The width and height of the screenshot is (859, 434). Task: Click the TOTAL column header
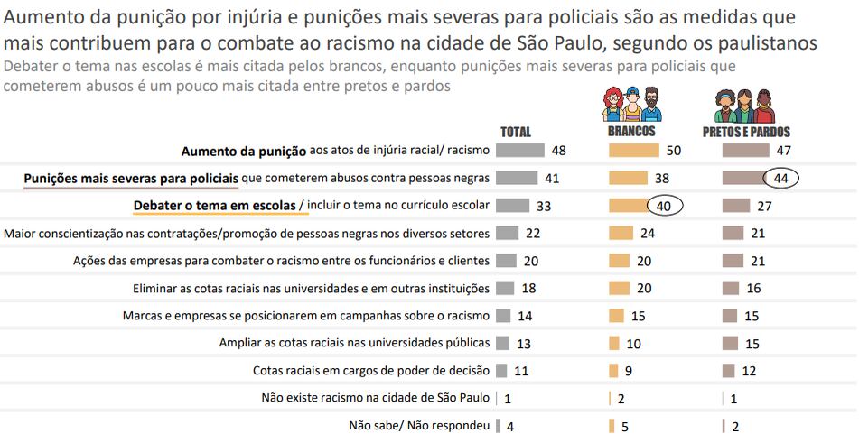[x=516, y=131]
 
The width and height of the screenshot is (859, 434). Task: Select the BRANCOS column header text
[x=631, y=131]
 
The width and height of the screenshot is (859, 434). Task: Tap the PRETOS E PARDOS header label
[x=746, y=131]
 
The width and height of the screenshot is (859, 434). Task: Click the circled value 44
[x=781, y=179]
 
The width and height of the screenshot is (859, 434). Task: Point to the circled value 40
[x=664, y=206]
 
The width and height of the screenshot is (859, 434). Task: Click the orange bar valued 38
[x=628, y=178]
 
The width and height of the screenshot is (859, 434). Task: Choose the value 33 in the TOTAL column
[x=543, y=206]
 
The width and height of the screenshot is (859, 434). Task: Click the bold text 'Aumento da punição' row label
[x=244, y=150]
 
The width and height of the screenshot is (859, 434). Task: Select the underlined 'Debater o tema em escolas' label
[x=215, y=206]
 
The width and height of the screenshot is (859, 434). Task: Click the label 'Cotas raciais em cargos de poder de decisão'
[x=371, y=371]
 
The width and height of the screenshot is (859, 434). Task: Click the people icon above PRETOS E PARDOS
[x=746, y=106]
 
